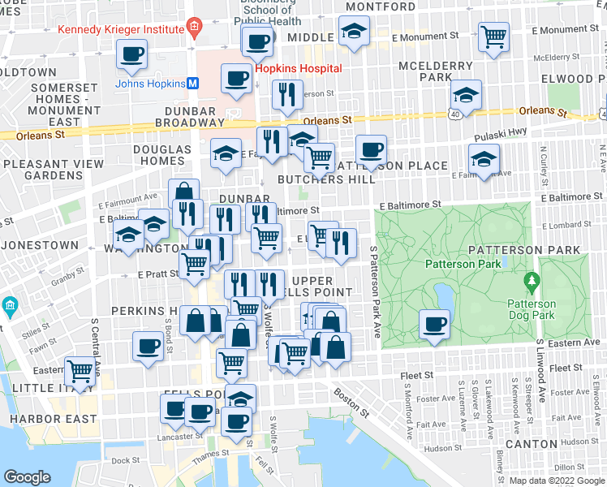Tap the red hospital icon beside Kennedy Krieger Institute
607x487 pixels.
click(x=193, y=29)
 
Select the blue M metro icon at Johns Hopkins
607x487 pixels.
click(x=193, y=83)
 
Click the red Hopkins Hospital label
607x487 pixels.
click(x=298, y=69)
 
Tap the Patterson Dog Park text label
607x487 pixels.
click(x=532, y=312)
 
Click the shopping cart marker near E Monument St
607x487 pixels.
click(x=493, y=37)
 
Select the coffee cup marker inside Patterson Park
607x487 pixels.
click(x=434, y=325)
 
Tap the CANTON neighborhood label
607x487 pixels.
click(x=531, y=445)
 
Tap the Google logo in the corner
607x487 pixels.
click(x=27, y=477)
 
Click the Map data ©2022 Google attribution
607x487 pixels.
click(x=556, y=481)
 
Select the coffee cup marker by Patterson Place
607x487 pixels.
click(x=371, y=149)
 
